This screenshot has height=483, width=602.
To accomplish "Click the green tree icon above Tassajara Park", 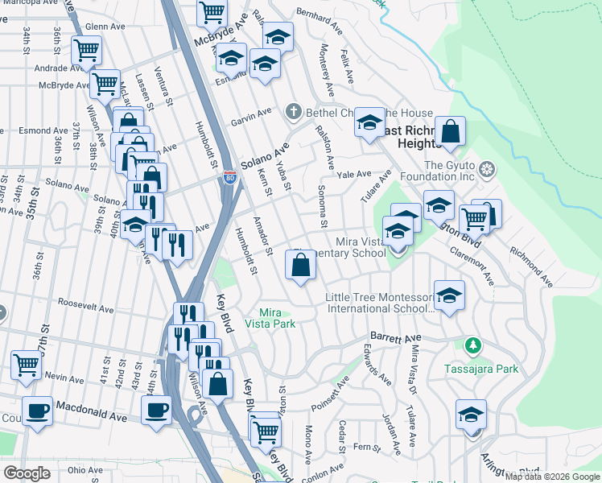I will point(474,345).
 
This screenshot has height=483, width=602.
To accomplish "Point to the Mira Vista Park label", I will point(277,318).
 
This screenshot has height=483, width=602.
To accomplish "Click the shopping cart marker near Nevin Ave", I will point(27,364).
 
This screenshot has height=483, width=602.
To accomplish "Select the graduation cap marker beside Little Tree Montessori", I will point(450,295).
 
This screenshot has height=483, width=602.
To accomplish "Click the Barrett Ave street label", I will point(395,337).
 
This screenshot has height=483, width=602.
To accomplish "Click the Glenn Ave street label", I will point(105,27).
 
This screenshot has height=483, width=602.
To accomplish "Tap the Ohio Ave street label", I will point(85,470).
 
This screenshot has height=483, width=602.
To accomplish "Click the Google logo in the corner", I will point(27,473).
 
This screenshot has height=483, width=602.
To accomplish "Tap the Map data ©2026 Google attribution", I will point(552,477).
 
